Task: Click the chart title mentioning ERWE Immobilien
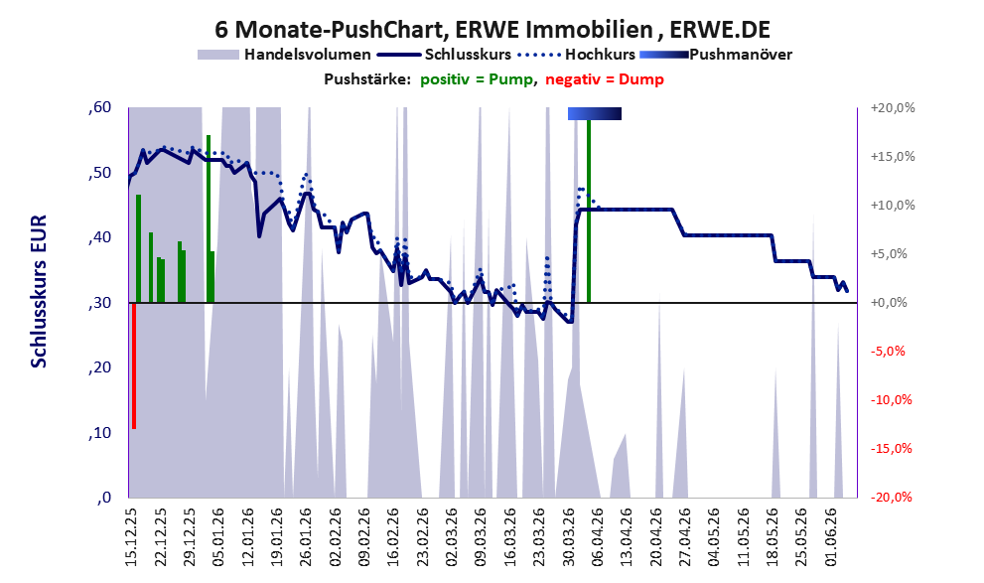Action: [x=492, y=29]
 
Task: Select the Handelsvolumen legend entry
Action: [x=284, y=55]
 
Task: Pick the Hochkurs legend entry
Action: [x=576, y=55]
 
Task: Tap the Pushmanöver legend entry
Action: [x=715, y=55]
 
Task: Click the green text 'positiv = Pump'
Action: [x=476, y=79]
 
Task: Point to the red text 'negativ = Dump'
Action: [x=605, y=79]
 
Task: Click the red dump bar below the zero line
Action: [x=134, y=365]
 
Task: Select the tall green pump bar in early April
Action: [x=589, y=211]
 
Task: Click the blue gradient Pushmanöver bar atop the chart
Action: [x=595, y=113]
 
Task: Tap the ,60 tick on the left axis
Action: [x=100, y=107]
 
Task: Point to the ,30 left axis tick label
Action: [x=100, y=303]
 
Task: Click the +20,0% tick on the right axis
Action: [x=893, y=108]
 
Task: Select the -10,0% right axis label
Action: [x=891, y=399]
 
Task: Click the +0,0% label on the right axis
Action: [x=889, y=303]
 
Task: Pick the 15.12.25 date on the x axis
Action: [x=131, y=536]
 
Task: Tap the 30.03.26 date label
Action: [x=569, y=536]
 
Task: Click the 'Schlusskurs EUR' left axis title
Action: [x=39, y=291]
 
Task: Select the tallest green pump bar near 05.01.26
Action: [x=209, y=219]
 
